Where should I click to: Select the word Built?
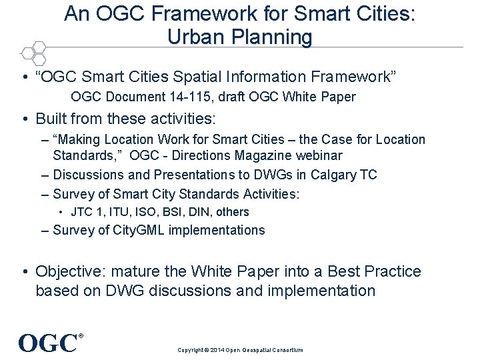[x=53, y=119]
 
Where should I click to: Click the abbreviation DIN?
[x=198, y=212]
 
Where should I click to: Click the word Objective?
[x=70, y=271]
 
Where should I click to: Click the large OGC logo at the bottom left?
[x=49, y=343]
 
